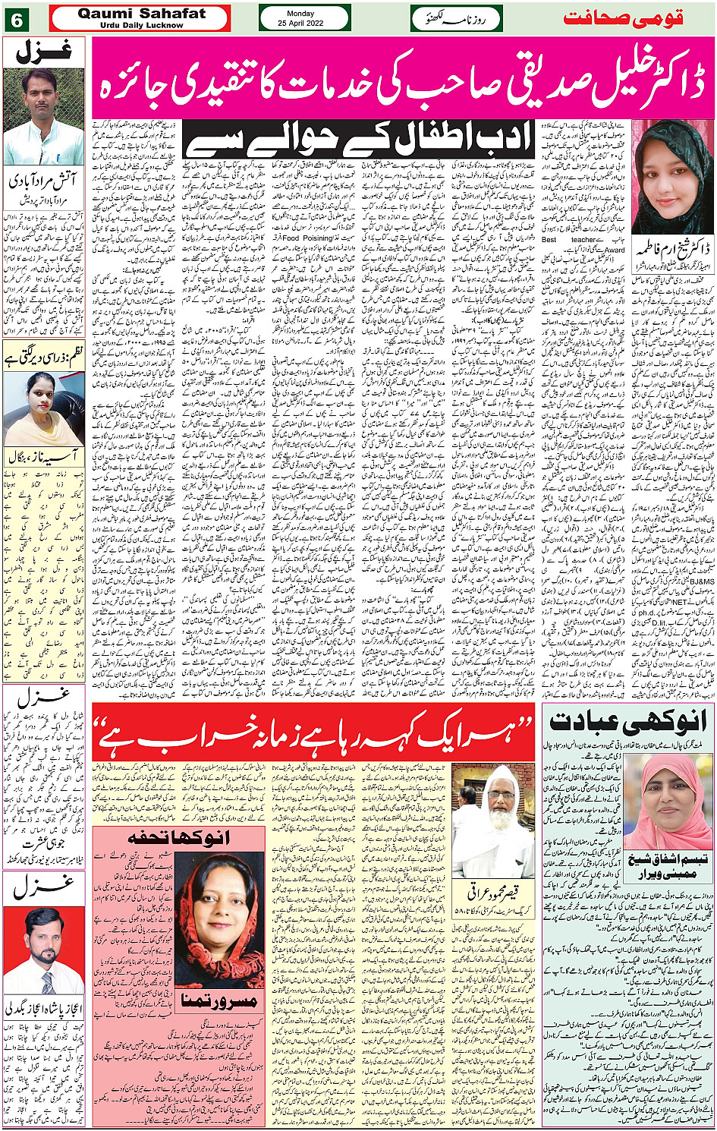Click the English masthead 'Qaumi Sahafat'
[141, 13]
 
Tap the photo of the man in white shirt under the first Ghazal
[43, 116]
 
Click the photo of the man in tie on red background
[43, 950]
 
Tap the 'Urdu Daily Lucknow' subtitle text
[141, 25]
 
